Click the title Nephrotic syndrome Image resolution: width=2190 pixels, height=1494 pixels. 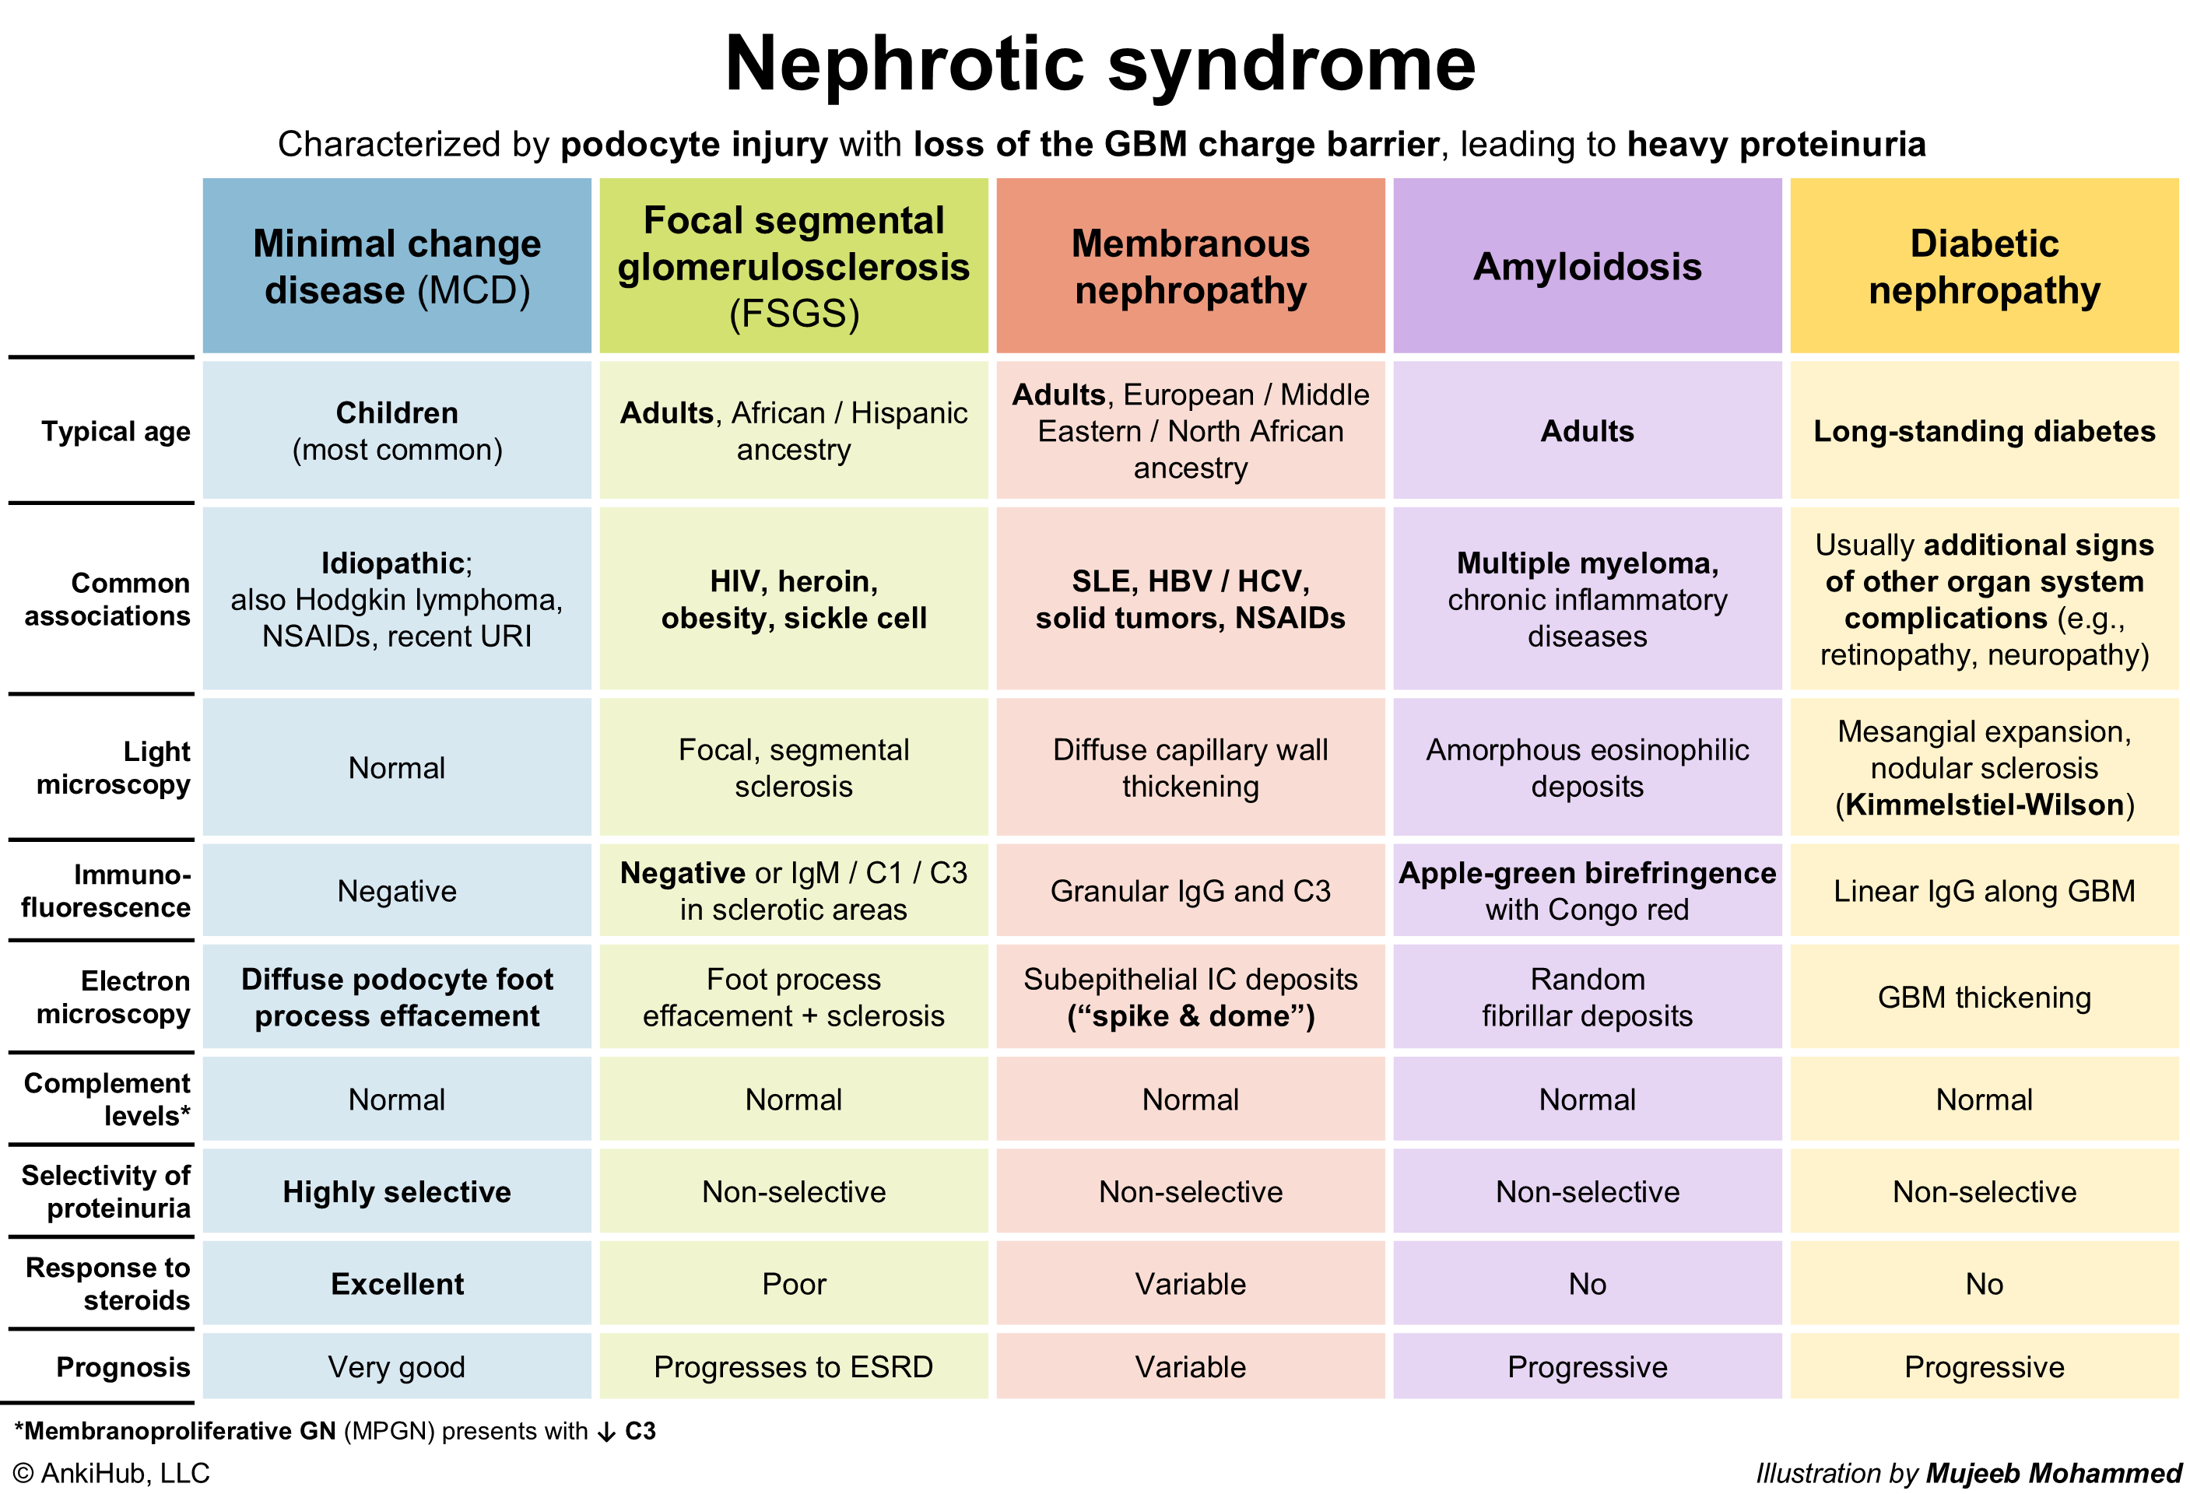click(1099, 64)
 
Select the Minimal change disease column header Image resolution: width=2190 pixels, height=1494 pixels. click(397, 267)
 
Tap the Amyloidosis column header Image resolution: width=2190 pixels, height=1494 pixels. click(1587, 267)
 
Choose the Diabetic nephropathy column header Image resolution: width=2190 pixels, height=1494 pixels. click(1984, 267)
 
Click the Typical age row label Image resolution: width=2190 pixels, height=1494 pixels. click(115, 431)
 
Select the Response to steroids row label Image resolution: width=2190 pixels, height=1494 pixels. click(107, 1284)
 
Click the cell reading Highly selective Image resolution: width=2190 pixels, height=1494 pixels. click(397, 1191)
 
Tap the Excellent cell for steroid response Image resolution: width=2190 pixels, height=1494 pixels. click(397, 1284)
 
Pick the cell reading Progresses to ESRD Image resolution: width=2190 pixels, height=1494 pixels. click(794, 1367)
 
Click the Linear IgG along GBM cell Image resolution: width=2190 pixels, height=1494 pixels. click(1984, 891)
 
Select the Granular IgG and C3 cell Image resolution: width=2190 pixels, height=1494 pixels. click(1190, 891)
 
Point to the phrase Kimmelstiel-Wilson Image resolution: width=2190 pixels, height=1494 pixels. click(1984, 805)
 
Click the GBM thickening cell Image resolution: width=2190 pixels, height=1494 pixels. click(1984, 998)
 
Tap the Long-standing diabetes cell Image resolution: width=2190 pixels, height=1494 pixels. click(1984, 431)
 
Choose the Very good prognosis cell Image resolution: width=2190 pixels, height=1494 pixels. click(397, 1367)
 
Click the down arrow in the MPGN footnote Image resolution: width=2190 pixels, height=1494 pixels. click(607, 1433)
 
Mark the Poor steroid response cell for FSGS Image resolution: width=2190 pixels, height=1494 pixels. click(794, 1284)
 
